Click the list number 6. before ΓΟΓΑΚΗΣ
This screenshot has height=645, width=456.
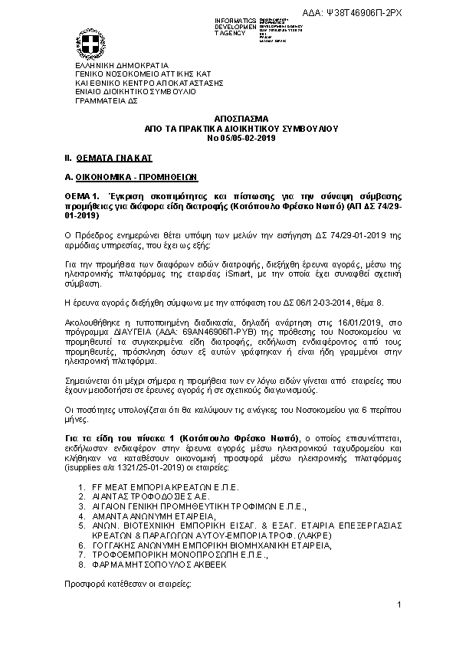point(82,545)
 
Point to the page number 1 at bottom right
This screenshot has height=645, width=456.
point(400,606)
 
